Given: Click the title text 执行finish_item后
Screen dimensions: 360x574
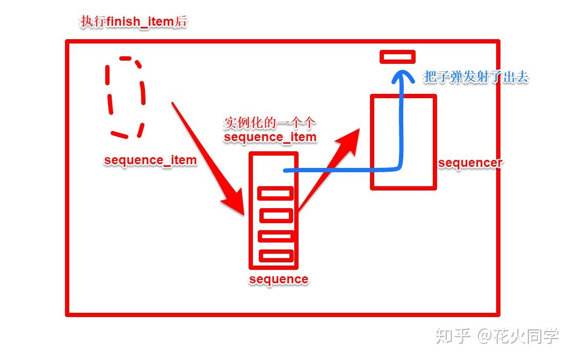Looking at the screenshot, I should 133,23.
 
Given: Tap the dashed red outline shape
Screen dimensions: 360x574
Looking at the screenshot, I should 126,97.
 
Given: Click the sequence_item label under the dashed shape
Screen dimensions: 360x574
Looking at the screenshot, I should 150,160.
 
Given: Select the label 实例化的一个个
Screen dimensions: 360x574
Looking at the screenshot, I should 268,123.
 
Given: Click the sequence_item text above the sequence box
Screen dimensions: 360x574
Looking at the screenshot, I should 270,137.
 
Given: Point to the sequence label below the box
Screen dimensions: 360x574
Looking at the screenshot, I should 279,279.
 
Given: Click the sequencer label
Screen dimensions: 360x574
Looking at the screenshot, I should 470,163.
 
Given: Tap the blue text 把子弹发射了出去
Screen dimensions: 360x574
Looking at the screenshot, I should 476,77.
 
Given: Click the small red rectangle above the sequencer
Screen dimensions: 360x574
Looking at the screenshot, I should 397,56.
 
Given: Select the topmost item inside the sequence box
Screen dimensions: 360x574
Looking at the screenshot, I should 275,193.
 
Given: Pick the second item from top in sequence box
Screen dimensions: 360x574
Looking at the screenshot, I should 276,215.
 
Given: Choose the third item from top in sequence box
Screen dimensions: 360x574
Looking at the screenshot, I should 275,236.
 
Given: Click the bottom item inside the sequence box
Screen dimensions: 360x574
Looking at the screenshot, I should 276,256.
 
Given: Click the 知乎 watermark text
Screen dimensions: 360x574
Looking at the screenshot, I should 453,336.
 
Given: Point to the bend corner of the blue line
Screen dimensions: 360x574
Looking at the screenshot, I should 398,167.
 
